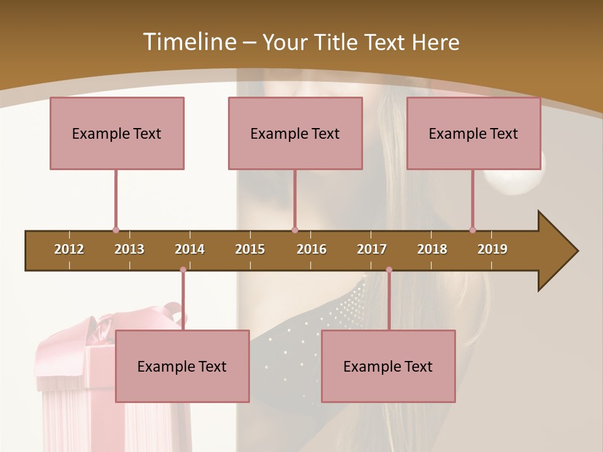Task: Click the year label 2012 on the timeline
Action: point(69,249)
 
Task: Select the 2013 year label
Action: point(129,249)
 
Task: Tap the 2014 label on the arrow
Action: point(190,249)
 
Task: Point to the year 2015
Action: point(250,249)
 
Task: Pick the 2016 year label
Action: point(312,249)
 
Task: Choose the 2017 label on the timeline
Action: point(372,249)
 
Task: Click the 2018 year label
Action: point(432,249)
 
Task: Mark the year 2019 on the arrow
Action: point(492,249)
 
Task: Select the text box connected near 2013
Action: point(117,134)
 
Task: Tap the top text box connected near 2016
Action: point(295,134)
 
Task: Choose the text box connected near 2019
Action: point(474,134)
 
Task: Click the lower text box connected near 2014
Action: point(182,367)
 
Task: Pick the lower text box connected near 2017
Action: point(388,367)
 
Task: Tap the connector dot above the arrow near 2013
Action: point(116,230)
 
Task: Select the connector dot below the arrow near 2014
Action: point(183,270)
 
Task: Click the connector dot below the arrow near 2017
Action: point(389,270)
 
